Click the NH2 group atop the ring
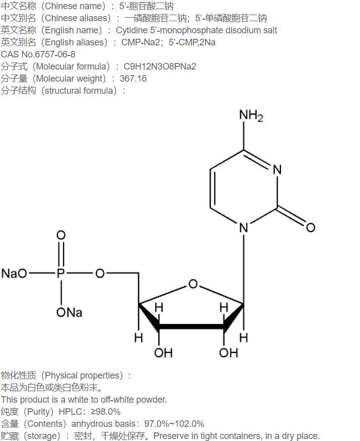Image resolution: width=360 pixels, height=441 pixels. (x=251, y=115)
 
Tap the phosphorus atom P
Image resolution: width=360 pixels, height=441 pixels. (x=61, y=273)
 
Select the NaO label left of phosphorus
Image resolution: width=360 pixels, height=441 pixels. (x=14, y=273)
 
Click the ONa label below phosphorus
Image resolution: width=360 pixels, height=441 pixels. (x=69, y=312)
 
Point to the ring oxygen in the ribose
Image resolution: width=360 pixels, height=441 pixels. (x=193, y=284)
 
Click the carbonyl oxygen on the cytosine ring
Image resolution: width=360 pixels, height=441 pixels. (x=311, y=227)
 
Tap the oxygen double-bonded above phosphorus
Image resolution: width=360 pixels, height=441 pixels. (x=61, y=235)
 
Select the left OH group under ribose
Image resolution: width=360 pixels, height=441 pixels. (x=163, y=353)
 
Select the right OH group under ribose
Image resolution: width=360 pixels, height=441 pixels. (x=228, y=353)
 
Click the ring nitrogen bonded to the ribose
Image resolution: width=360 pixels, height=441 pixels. (x=244, y=227)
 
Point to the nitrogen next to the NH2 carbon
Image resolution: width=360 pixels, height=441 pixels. (x=277, y=169)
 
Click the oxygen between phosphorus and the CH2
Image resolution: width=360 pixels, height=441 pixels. (x=100, y=273)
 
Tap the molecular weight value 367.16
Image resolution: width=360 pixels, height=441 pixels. (x=133, y=79)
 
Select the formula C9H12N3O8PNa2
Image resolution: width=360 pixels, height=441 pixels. (x=160, y=67)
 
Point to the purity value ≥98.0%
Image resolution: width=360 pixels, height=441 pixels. (x=106, y=412)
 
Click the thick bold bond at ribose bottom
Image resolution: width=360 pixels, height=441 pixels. (x=191, y=327)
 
